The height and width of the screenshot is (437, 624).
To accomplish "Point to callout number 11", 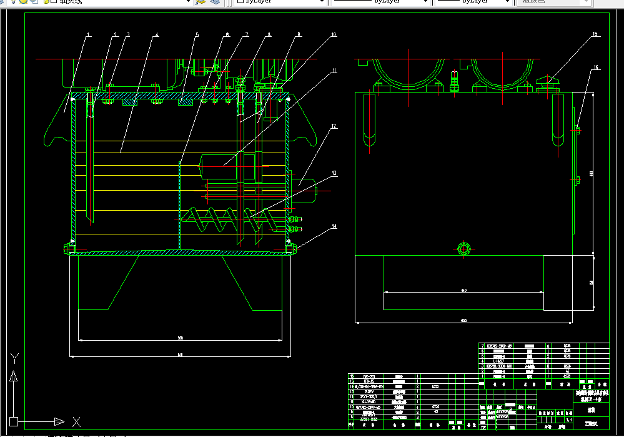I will (x=334, y=71).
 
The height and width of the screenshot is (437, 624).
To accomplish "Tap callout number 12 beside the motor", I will (x=334, y=126).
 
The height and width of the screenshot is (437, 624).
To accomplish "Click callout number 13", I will (x=334, y=173).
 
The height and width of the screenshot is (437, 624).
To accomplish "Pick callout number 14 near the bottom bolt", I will (x=334, y=226).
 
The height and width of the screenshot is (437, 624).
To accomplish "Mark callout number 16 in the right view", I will (x=595, y=67).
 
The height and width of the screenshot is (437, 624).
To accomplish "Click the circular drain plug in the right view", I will (x=463, y=248).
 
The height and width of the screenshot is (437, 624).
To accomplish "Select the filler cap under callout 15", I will (x=548, y=82).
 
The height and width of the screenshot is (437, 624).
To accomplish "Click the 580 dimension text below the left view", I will (x=181, y=338).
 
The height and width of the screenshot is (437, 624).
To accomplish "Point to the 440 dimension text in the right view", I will (x=463, y=290).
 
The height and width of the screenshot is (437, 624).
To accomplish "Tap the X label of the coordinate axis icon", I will (x=76, y=421).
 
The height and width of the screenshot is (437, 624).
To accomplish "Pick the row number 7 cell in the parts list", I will (x=482, y=346).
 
